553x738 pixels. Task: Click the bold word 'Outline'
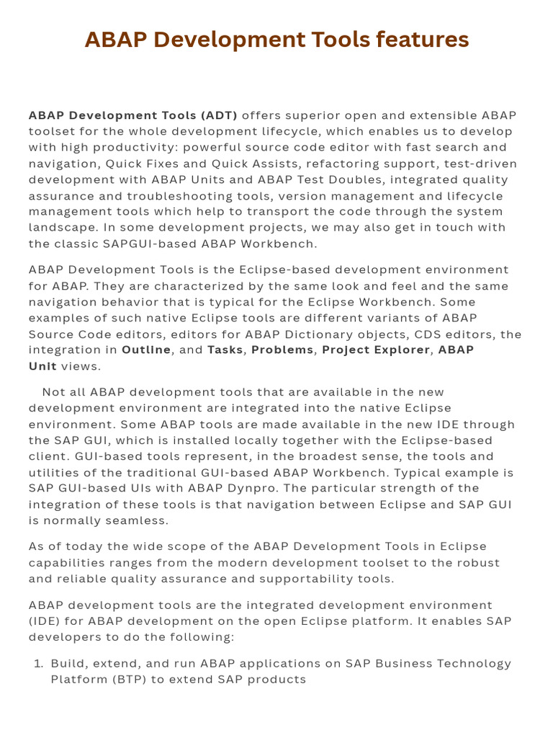click(146, 350)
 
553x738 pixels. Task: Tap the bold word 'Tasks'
click(225, 350)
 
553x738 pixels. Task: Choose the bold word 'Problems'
click(282, 350)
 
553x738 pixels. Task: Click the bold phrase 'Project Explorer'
click(375, 350)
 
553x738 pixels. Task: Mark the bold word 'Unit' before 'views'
click(42, 366)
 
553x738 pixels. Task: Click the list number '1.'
click(39, 663)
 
